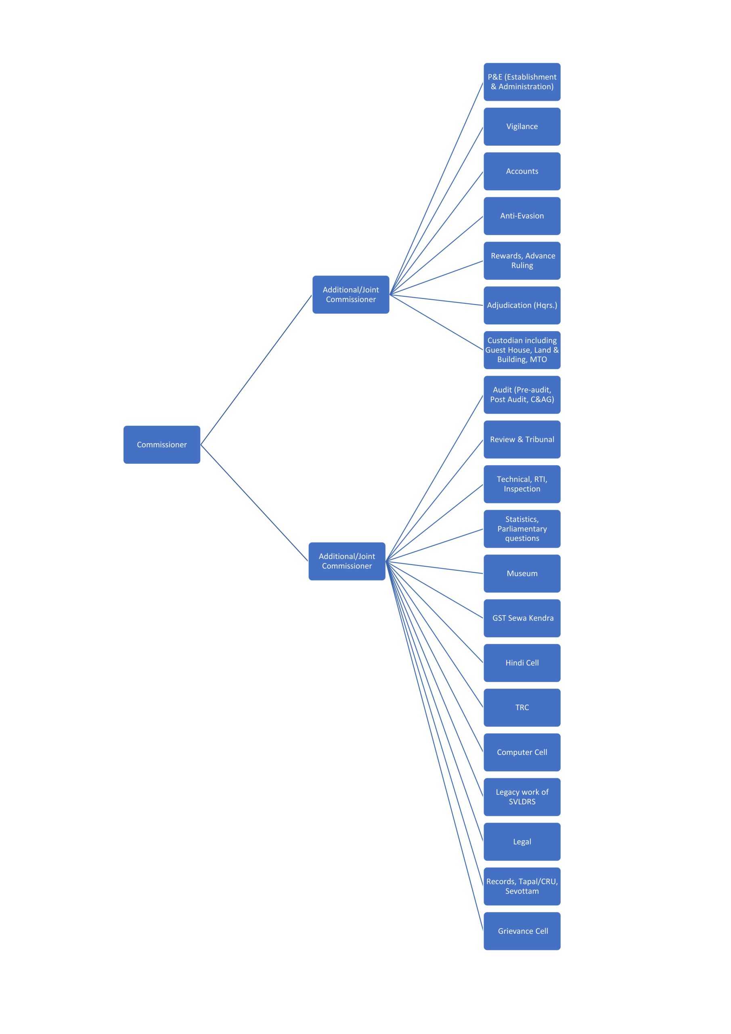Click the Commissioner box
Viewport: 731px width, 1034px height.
[161, 444]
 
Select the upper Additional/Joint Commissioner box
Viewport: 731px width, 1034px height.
[351, 294]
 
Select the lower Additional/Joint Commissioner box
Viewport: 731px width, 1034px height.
[347, 561]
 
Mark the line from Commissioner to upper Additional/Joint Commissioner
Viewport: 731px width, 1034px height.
[256, 370]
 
